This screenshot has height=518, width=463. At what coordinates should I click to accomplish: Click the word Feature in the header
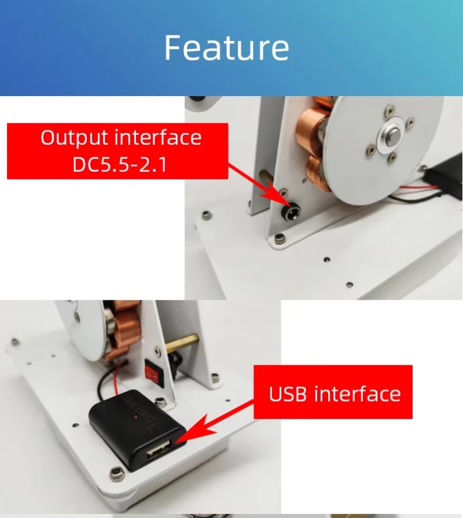tap(226, 48)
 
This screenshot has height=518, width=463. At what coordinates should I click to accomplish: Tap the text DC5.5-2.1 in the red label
tap(120, 164)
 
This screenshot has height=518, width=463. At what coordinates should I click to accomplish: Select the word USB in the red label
tap(288, 394)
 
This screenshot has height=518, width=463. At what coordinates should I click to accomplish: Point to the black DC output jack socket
tap(291, 213)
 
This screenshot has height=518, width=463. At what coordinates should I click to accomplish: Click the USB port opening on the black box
tap(160, 449)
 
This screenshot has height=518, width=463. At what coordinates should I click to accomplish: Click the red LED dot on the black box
tap(135, 416)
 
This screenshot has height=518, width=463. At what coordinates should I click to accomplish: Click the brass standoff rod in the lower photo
tap(182, 342)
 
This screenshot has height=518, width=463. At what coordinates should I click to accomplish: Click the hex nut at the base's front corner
tap(117, 474)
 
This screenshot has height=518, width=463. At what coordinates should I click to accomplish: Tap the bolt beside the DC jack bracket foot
tap(280, 238)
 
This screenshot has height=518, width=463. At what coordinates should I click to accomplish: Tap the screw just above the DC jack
tap(284, 192)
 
